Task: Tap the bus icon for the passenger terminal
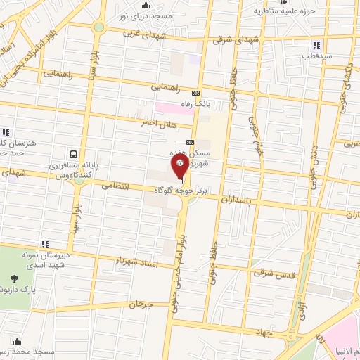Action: coord(74,154)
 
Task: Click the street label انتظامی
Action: coord(117,187)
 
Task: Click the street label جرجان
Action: coord(140,305)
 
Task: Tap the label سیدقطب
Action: coord(312,55)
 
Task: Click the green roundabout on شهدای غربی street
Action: coord(98,27)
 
